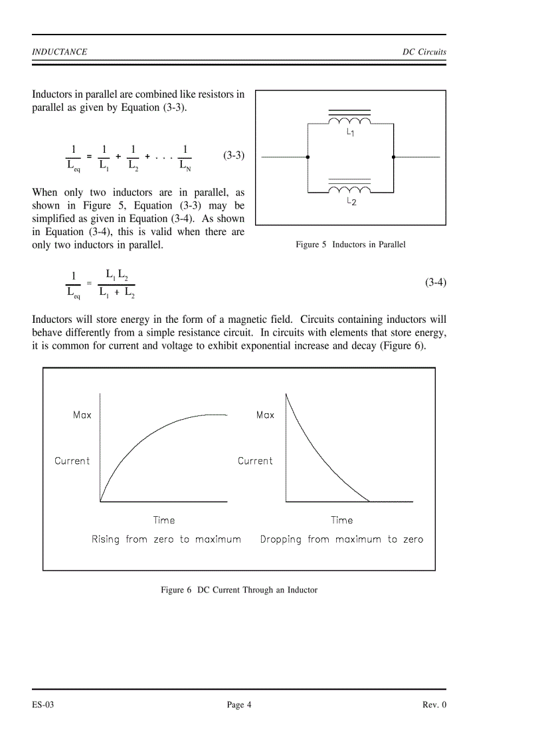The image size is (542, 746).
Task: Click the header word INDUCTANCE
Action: (59, 52)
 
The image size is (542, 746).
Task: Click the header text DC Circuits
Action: (424, 52)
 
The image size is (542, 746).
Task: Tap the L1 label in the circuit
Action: (351, 133)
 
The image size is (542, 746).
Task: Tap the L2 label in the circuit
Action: (351, 201)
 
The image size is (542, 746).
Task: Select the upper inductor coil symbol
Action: (350, 120)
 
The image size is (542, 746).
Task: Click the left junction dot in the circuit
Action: (307, 157)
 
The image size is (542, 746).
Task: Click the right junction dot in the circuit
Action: (394, 157)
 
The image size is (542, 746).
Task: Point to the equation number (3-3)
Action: (233, 155)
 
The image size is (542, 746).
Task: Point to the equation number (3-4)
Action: (436, 282)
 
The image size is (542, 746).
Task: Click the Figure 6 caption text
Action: (239, 589)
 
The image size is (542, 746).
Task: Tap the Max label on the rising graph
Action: (82, 415)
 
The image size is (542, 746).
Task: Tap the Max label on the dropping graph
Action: (265, 415)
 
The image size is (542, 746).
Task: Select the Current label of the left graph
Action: (72, 460)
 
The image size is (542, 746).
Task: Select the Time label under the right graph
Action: (342, 520)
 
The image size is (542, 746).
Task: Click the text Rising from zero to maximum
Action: (166, 539)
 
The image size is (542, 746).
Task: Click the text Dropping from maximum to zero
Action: (341, 539)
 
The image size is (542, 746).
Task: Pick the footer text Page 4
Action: (239, 705)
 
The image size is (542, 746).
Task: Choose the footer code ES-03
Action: (43, 705)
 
